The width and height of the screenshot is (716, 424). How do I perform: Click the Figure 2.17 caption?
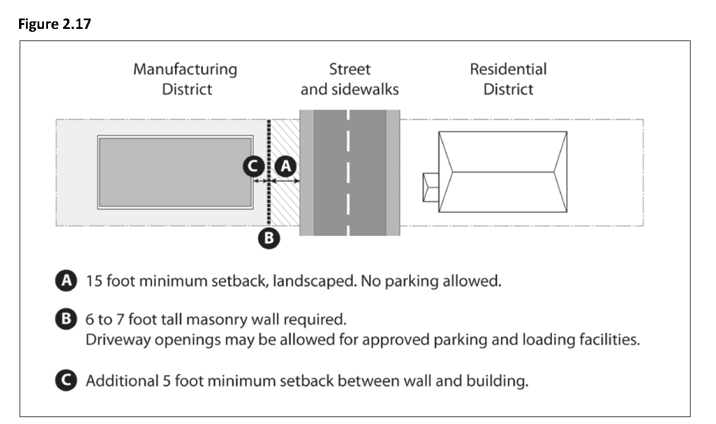click(55, 25)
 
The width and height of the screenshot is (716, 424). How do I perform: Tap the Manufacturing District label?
click(185, 79)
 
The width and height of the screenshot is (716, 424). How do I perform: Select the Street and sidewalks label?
click(350, 79)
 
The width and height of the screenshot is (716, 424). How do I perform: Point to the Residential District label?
click(508, 79)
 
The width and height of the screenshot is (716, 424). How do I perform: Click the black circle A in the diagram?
click(285, 167)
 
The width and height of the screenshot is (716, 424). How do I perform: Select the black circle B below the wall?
click(269, 238)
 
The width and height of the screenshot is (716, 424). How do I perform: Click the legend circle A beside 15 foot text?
click(68, 282)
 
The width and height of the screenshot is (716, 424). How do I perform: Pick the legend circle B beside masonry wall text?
click(68, 319)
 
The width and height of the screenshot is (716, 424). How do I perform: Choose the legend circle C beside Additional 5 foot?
click(68, 381)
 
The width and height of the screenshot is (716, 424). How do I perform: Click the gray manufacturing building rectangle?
click(175, 172)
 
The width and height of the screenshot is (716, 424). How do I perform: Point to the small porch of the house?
click(431, 187)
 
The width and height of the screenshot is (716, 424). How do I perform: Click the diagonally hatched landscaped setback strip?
click(285, 202)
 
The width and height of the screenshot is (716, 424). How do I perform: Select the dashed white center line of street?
click(348, 174)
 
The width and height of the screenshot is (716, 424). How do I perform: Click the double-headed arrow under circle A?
click(285, 181)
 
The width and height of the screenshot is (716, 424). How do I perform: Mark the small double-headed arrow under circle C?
click(261, 181)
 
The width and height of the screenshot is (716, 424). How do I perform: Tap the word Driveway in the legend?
click(114, 340)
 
